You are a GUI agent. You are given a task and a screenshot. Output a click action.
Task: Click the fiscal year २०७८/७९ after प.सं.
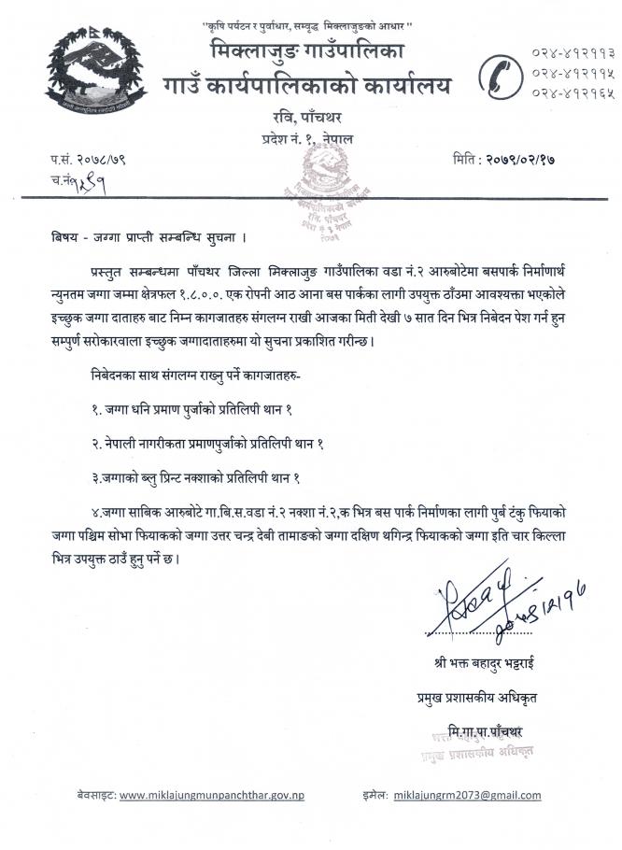pyautogui.click(x=103, y=160)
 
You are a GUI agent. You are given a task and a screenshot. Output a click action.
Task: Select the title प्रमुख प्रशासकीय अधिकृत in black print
pyautogui.click(x=476, y=696)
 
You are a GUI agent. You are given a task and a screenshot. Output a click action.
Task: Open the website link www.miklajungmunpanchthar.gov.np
pyautogui.click(x=212, y=795)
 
